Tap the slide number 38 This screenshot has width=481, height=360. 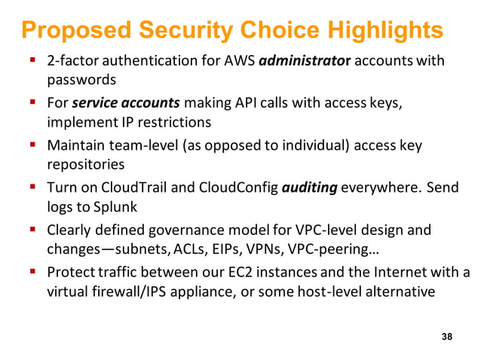447,337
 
